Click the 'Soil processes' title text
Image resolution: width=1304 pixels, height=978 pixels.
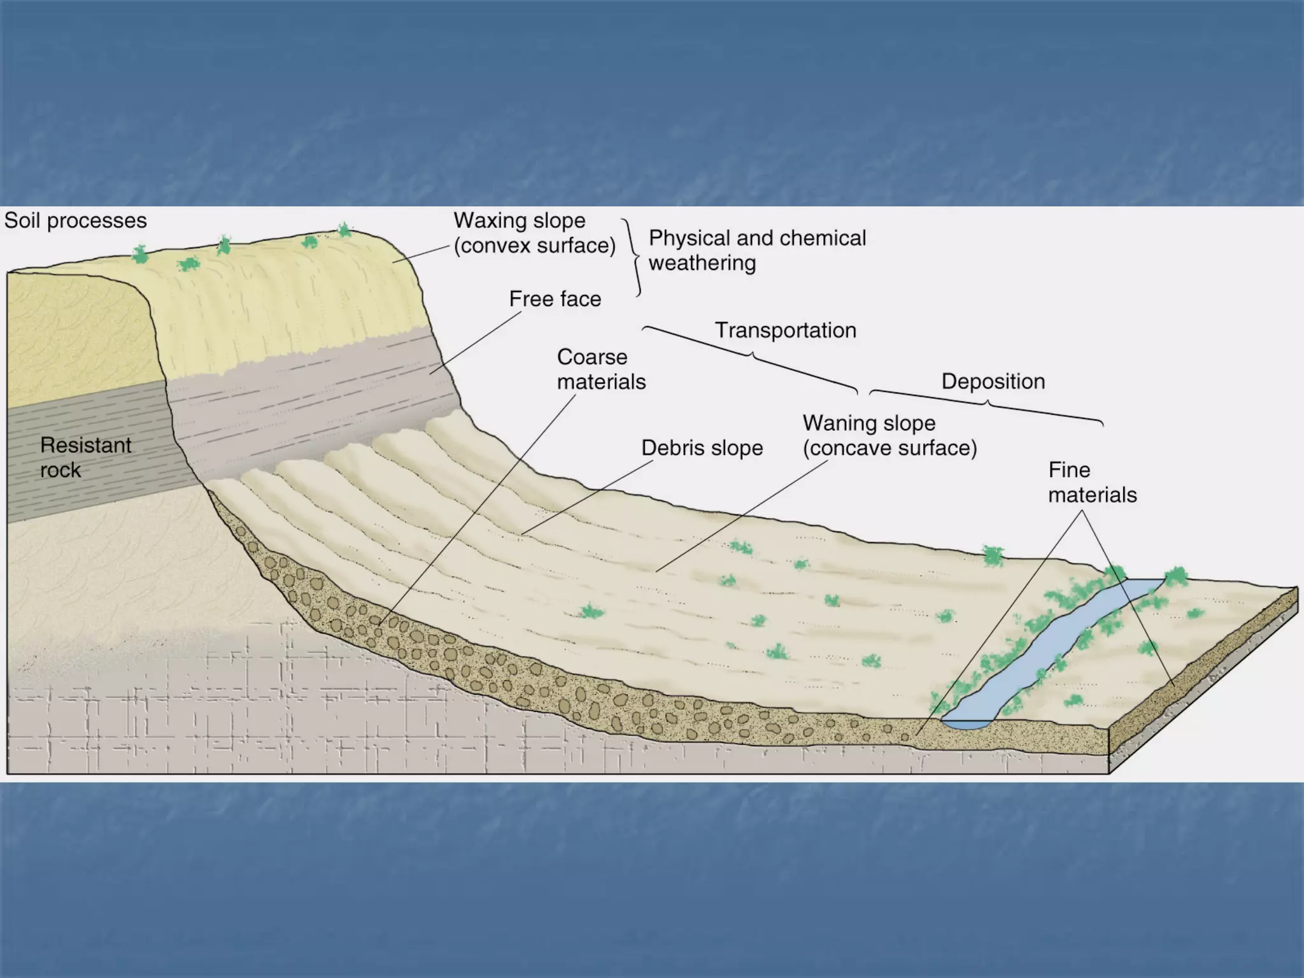[76, 221]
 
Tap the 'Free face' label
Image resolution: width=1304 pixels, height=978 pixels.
[555, 299]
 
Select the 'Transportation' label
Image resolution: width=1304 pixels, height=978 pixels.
[786, 330]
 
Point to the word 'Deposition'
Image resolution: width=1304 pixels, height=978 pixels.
[993, 381]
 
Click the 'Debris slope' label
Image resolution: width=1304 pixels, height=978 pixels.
[702, 448]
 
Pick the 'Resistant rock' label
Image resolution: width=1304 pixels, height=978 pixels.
[86, 457]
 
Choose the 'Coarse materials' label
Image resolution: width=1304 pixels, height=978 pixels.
[602, 369]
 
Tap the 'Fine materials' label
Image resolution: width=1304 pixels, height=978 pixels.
[1093, 483]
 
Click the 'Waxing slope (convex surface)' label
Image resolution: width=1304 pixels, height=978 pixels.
[535, 233]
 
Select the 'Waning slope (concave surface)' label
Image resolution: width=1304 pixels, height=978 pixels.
[890, 436]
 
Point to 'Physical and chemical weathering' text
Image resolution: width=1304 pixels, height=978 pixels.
[758, 250]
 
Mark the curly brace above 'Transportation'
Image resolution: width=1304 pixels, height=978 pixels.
[751, 358]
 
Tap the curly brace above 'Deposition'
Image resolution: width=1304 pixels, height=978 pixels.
[986, 404]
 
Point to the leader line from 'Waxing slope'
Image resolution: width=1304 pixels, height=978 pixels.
[420, 253]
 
